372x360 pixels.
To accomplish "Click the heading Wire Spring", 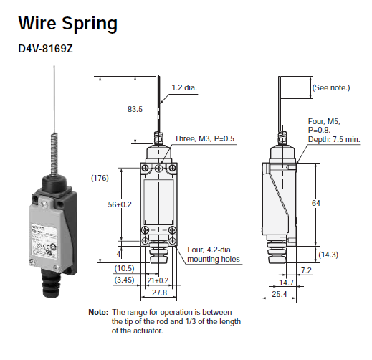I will click(x=67, y=23).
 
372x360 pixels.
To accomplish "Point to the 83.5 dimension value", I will click(x=135, y=109).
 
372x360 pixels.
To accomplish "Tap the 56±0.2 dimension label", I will click(x=120, y=204).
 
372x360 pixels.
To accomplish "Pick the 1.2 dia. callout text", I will click(x=184, y=88).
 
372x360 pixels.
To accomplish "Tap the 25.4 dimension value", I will click(x=280, y=295).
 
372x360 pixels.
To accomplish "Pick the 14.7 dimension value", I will click(x=287, y=283).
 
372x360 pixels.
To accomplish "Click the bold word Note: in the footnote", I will click(x=98, y=313).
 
